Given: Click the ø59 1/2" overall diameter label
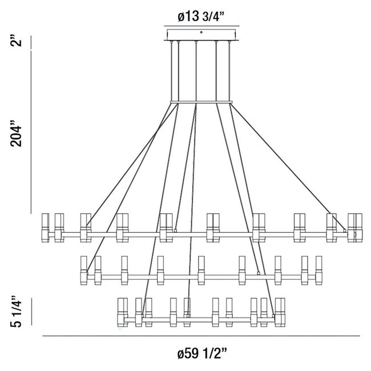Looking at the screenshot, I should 201,354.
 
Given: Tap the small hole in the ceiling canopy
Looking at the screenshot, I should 201,32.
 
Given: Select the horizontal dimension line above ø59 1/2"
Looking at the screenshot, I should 201,336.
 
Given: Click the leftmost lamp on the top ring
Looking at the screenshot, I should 46,227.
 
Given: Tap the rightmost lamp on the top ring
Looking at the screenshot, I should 358,227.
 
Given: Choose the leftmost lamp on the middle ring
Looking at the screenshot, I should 84,270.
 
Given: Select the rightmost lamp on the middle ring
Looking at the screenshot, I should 319,270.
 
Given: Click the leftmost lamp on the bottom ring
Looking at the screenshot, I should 121,312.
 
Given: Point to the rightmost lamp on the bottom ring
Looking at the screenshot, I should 280,312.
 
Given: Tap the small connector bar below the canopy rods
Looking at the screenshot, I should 201,103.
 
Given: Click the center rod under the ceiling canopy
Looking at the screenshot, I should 196,71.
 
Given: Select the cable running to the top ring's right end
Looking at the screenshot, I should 288,166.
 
